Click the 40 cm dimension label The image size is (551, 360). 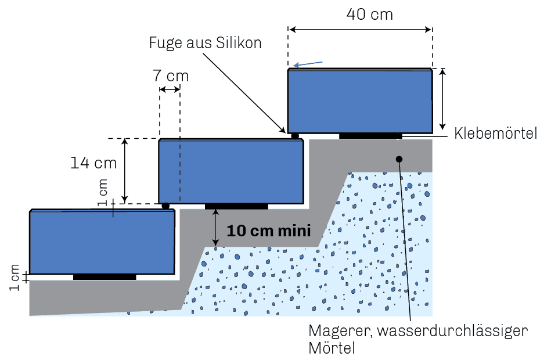click(369, 15)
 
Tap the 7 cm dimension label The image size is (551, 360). click(171, 76)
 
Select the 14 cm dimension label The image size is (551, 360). click(93, 163)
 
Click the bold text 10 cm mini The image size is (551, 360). click(269, 231)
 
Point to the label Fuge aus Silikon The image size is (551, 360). click(205, 43)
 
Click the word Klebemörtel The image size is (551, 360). click(495, 133)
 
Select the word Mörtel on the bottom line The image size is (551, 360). click(332, 348)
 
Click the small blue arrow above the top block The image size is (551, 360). click(308, 64)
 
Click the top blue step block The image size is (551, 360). click(360, 101)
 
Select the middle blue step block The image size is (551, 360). click(231, 171)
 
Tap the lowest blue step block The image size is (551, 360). click(102, 242)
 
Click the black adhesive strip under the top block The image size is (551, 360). click(370, 136)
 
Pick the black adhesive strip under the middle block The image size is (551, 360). click(236, 206)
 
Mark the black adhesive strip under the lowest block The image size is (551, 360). click(105, 277)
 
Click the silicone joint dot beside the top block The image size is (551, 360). click(295, 136)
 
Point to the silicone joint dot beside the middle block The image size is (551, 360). click(165, 206)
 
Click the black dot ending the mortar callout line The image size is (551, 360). click(399, 159)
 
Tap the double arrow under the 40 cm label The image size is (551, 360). click(360, 30)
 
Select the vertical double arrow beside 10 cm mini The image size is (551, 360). click(216, 228)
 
